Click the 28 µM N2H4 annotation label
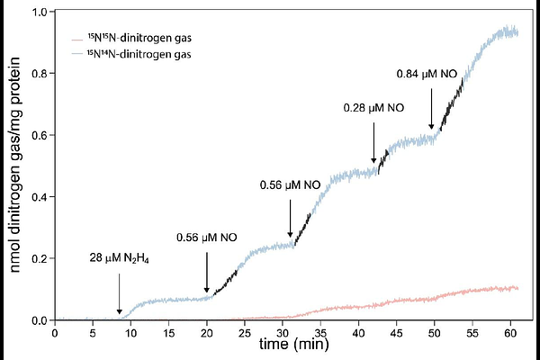click(x=120, y=257)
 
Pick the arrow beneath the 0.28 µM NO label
click(x=374, y=144)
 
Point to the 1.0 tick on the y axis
click(x=40, y=13)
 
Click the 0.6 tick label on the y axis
click(x=40, y=136)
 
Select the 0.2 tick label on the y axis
click(x=40, y=259)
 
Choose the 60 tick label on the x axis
click(x=513, y=331)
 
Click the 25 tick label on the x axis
click(x=246, y=331)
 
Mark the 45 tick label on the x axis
click(x=398, y=331)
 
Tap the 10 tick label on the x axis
click(x=130, y=331)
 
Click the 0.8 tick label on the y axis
click(x=40, y=75)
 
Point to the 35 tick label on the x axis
click(x=322, y=331)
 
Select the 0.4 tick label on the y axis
click(x=40, y=197)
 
